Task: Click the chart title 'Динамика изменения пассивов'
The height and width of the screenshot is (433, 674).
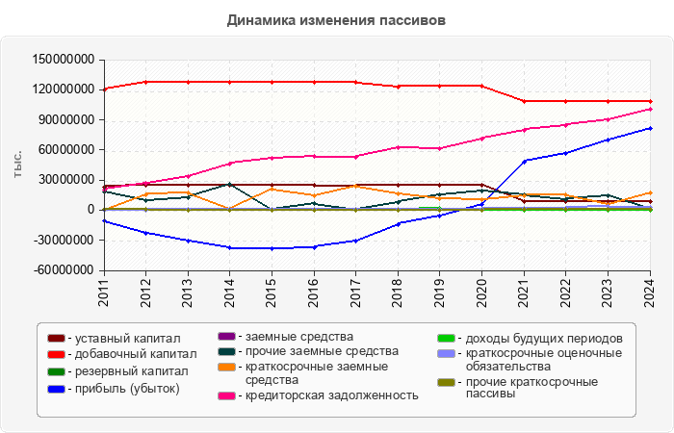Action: coord(336,19)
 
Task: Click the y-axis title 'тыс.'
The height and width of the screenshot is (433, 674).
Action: coord(17,165)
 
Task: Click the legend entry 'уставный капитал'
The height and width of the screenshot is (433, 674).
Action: coord(127,339)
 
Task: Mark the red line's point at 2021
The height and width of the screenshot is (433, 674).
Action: coord(524,101)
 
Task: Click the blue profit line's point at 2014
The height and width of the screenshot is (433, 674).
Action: coord(229,247)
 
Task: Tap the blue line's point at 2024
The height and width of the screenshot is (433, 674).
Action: coord(650,128)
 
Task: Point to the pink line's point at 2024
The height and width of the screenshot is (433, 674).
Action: coord(650,109)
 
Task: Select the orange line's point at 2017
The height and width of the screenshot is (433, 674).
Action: coord(355,186)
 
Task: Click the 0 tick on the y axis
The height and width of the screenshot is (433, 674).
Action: coord(93,210)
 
